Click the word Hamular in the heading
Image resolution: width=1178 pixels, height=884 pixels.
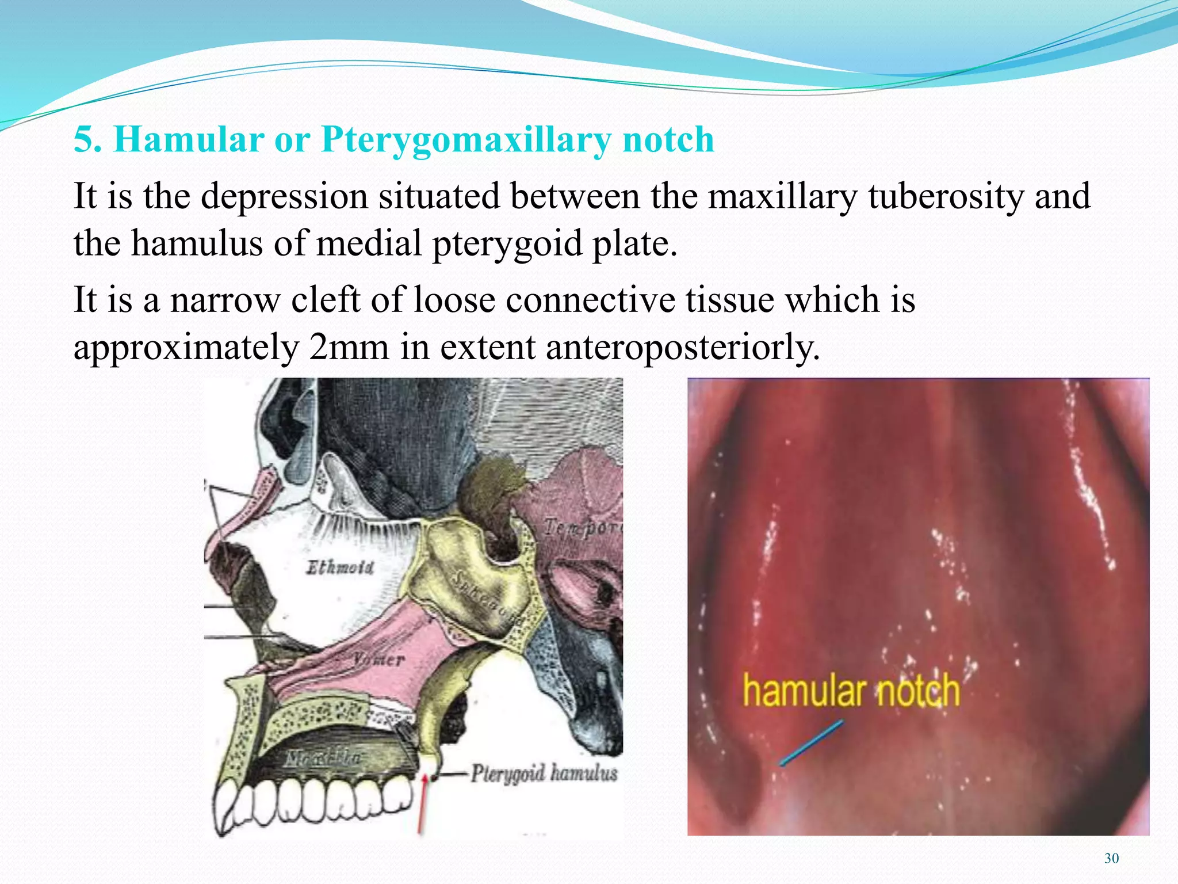pyautogui.click(x=189, y=140)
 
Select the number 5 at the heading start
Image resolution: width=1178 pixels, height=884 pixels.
pyautogui.click(x=84, y=140)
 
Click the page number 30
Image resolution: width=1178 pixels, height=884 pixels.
pyautogui.click(x=1111, y=859)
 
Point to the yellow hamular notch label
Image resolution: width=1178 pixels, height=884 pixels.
pyautogui.click(x=851, y=691)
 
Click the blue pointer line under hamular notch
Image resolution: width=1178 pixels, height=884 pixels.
pyautogui.click(x=811, y=743)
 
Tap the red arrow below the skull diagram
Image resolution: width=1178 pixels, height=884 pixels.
pyautogui.click(x=423, y=803)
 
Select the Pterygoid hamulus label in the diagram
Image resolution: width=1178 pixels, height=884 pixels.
pyautogui.click(x=544, y=773)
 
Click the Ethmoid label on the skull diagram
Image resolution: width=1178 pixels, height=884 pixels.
pyautogui.click(x=340, y=568)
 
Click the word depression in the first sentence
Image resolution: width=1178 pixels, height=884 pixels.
pyautogui.click(x=284, y=197)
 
